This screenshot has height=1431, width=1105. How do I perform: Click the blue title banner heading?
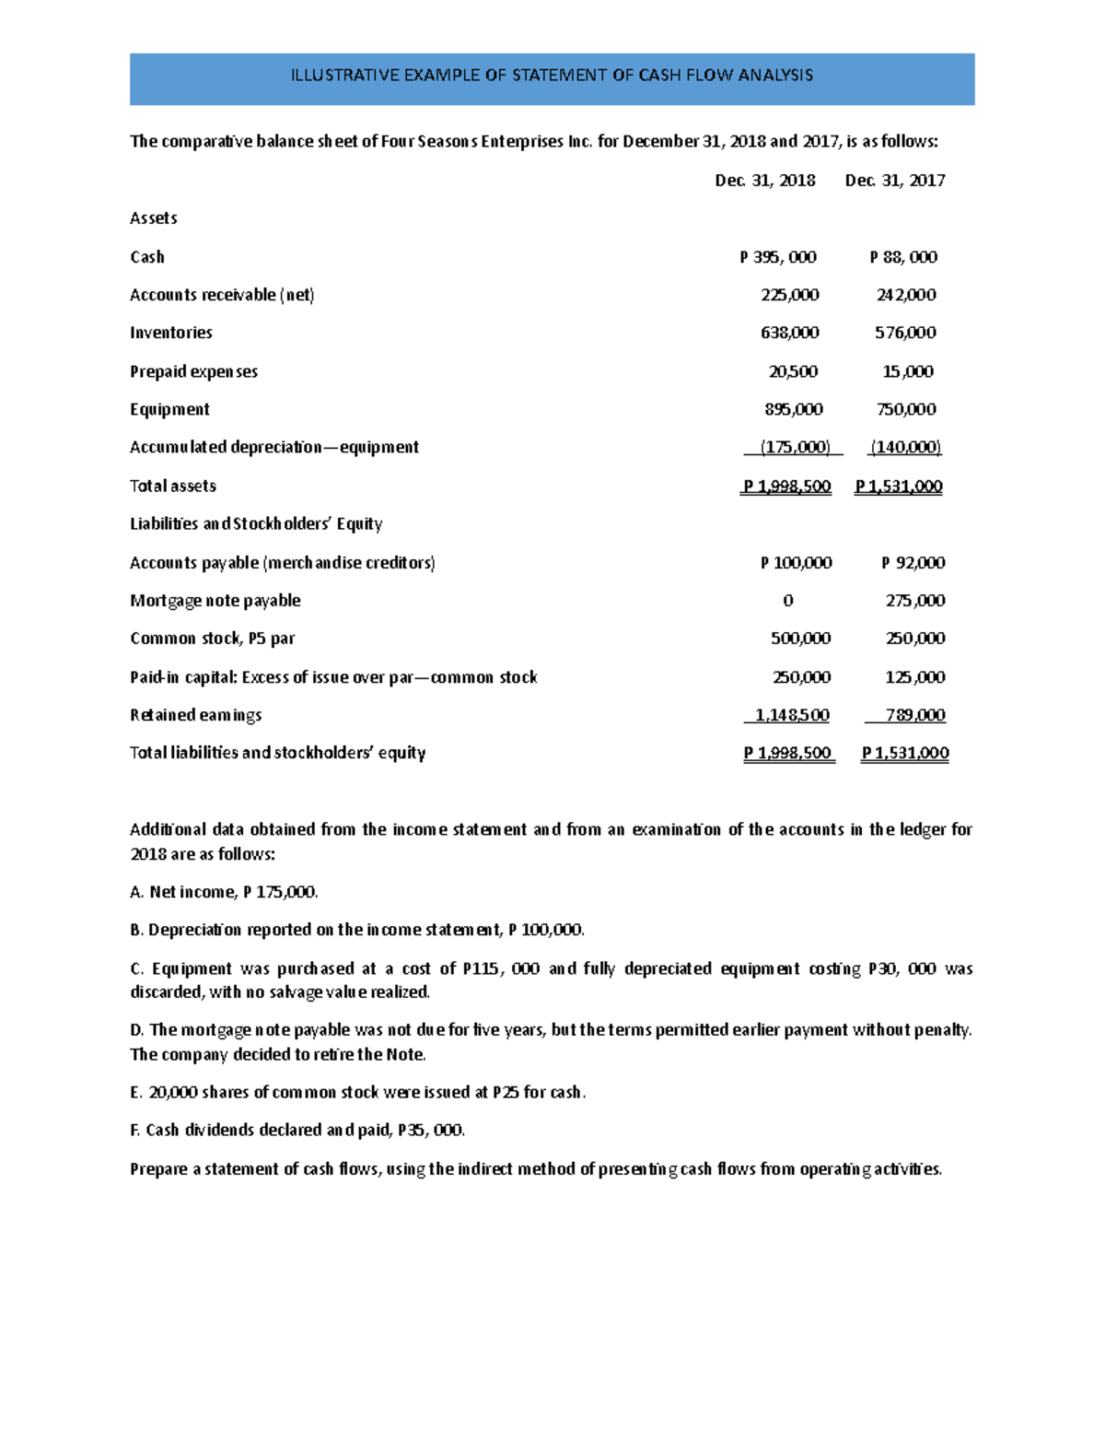[552, 76]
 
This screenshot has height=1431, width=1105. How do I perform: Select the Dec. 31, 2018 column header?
[764, 181]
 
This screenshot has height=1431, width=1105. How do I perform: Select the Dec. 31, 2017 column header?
[894, 181]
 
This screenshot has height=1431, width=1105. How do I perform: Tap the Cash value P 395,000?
[777, 257]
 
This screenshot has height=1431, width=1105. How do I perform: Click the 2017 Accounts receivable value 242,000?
[905, 295]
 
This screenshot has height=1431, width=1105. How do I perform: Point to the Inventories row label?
[171, 333]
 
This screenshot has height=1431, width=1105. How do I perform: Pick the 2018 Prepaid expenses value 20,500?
[793, 371]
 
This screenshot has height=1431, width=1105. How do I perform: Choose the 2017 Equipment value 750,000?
[905, 409]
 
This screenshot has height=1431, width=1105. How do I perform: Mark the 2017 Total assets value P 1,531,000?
[898, 486]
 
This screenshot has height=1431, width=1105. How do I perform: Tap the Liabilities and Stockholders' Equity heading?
[256, 523]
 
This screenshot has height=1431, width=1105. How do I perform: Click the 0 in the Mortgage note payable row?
[787, 601]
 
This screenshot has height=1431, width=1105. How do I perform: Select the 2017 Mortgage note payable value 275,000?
[913, 601]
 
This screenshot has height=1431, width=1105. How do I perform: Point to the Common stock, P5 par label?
[212, 639]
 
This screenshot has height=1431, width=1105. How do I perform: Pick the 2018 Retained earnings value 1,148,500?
[791, 715]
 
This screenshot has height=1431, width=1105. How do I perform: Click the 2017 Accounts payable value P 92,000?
[913, 562]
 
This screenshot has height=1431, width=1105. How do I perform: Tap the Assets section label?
[154, 218]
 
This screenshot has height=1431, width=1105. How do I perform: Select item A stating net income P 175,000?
[224, 892]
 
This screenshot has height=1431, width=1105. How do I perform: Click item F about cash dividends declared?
[297, 1130]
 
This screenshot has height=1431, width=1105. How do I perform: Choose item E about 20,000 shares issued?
[357, 1092]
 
